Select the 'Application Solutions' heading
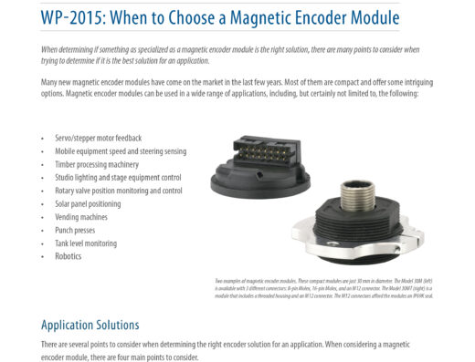90,325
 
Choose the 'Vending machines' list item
81,217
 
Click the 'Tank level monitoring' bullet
85,243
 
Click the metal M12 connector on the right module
354,198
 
